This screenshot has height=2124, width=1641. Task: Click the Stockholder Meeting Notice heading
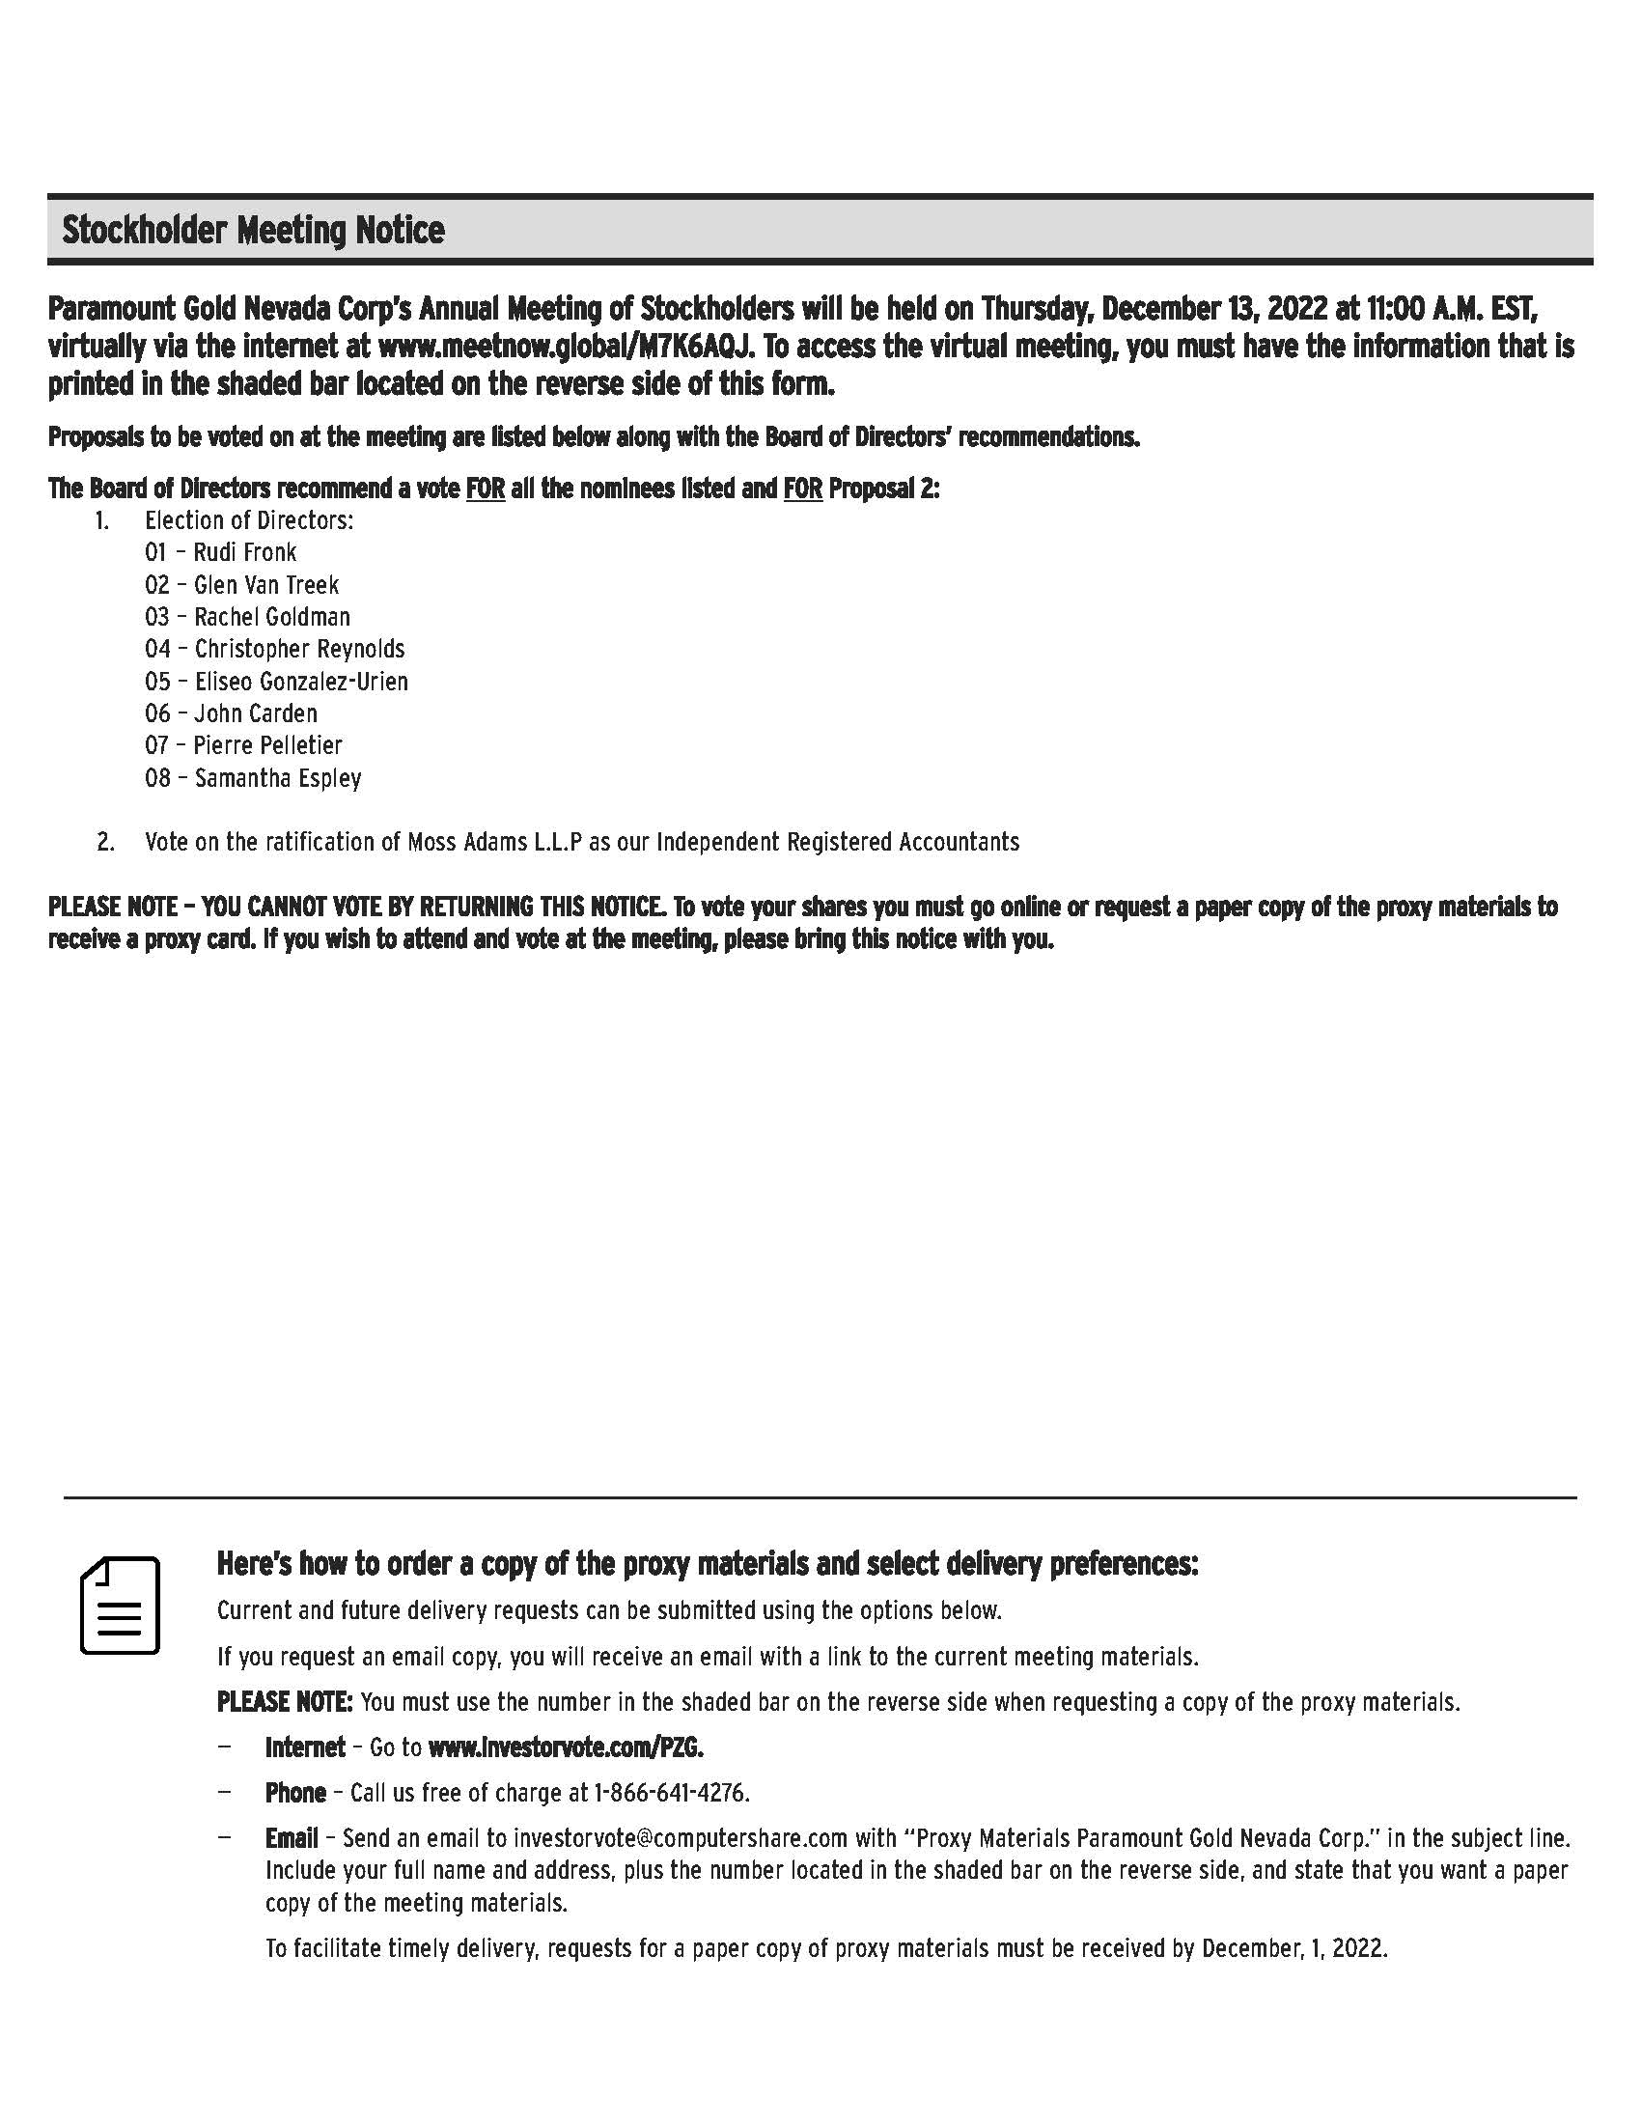(x=253, y=231)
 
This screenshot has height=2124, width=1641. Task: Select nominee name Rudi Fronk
(x=245, y=552)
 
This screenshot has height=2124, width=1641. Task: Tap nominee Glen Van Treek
(x=266, y=584)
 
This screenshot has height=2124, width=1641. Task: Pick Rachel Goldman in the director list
(x=272, y=617)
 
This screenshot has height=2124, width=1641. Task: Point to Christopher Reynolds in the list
(x=299, y=649)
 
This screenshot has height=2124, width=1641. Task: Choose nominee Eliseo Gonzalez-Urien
(x=301, y=681)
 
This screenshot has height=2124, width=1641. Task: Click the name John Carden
(x=256, y=713)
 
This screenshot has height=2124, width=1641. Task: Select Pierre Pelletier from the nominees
(x=268, y=746)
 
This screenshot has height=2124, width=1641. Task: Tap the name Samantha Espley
(x=278, y=778)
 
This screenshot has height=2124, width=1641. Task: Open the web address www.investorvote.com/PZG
(x=566, y=1747)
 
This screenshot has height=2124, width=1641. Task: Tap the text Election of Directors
(x=249, y=520)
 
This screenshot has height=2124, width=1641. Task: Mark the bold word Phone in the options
(x=295, y=1793)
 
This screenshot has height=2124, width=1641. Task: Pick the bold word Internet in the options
(x=305, y=1747)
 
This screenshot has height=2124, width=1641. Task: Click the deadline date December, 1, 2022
(x=1293, y=1949)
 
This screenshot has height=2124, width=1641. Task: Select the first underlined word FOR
(x=486, y=489)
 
